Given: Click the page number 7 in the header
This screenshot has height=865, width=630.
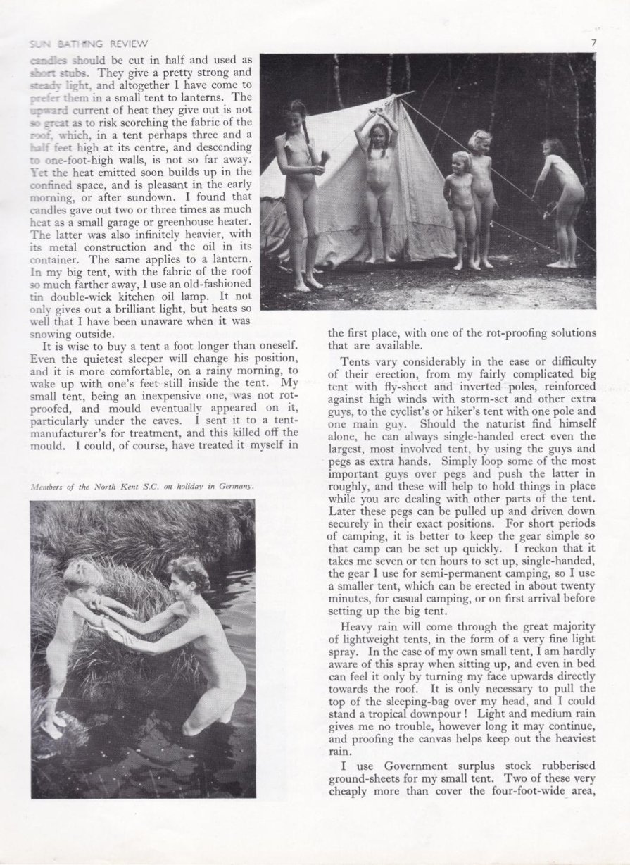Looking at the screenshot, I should tap(594, 41).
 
